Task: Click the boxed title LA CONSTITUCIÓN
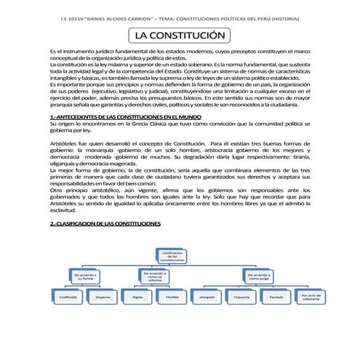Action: [x=180, y=36]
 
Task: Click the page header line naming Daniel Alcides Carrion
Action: [x=180, y=17]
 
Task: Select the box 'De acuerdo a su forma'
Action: [x=87, y=276]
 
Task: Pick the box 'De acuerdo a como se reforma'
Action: [x=155, y=276]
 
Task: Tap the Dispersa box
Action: [x=102, y=297]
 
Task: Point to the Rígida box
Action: [x=137, y=297]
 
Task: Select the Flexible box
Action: [x=172, y=297]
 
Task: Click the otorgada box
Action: [x=207, y=297]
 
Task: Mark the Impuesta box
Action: [x=241, y=297]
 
